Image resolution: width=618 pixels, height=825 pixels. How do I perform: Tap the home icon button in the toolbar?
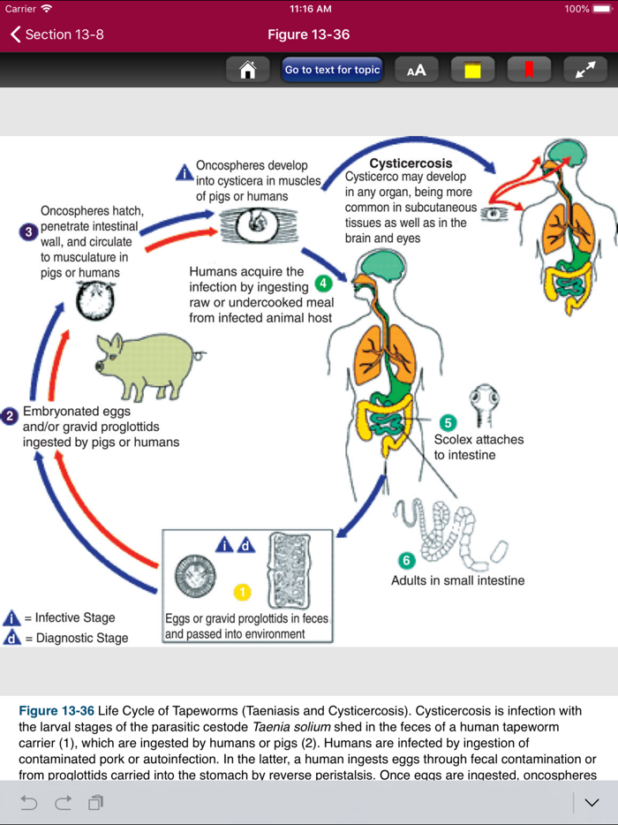(x=248, y=70)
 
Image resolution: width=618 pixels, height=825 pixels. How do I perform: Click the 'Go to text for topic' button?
(x=332, y=70)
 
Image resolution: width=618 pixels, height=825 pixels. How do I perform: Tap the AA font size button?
(x=416, y=70)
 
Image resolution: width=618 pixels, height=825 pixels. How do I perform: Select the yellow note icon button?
(x=472, y=70)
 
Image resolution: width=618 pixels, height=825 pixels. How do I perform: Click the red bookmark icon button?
(x=529, y=70)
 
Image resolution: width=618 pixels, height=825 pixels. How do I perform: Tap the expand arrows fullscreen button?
(x=585, y=70)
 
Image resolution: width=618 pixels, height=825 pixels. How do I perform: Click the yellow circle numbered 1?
(x=242, y=593)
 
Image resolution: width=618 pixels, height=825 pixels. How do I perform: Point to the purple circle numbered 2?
(x=11, y=416)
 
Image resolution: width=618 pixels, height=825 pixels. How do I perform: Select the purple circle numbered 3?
(x=28, y=232)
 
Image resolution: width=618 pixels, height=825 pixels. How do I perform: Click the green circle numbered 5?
(x=448, y=422)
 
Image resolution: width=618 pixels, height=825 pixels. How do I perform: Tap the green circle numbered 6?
(x=406, y=561)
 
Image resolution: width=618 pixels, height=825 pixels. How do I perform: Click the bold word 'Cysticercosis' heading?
(x=411, y=163)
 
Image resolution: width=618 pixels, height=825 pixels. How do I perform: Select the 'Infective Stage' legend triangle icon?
(x=12, y=618)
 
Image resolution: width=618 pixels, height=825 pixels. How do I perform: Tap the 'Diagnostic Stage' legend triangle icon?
(x=12, y=638)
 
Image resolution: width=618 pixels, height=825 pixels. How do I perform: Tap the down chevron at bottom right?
(x=592, y=802)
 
